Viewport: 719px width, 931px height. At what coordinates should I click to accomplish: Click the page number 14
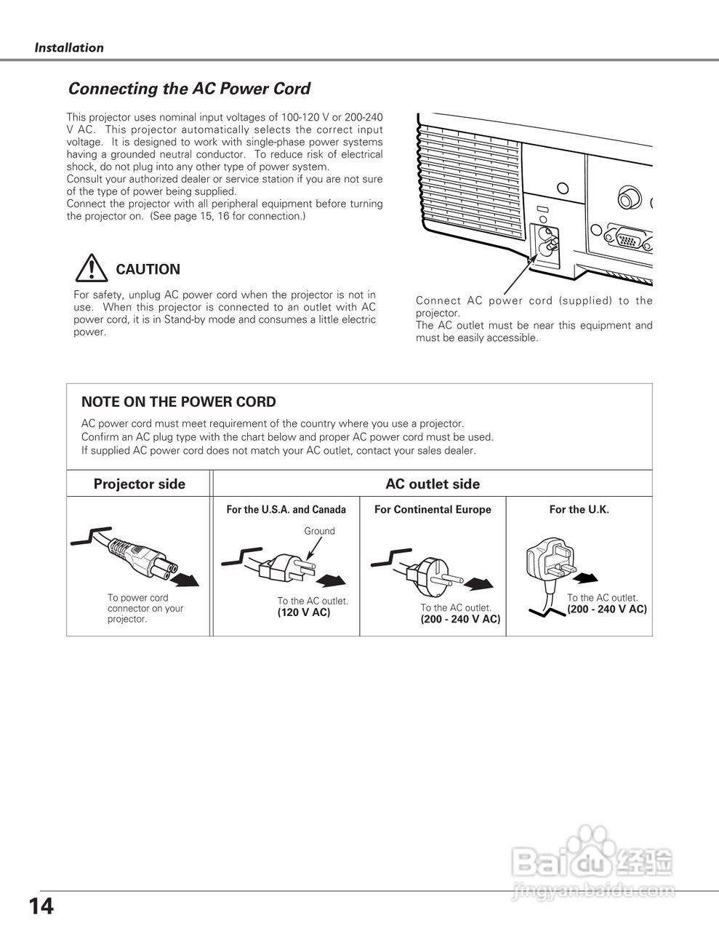click(41, 906)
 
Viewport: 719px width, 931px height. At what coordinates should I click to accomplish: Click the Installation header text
click(69, 48)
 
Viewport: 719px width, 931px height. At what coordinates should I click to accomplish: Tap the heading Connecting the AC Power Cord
click(189, 89)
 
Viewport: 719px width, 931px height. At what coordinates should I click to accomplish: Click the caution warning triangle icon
click(90, 269)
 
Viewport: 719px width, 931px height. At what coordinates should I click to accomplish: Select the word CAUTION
click(148, 269)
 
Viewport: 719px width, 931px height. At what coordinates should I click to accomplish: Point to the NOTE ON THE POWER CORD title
click(178, 401)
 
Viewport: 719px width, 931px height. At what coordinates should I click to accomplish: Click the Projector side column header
click(139, 484)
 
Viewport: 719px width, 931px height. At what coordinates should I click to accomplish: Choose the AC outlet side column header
click(432, 484)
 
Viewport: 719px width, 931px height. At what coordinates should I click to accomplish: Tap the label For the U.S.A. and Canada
click(286, 509)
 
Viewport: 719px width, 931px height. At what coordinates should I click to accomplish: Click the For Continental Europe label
click(433, 509)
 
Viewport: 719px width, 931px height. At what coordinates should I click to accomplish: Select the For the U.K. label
click(579, 509)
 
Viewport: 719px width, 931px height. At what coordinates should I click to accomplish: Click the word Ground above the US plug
click(319, 531)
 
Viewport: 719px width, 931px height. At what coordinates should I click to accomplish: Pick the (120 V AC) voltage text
click(304, 612)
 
